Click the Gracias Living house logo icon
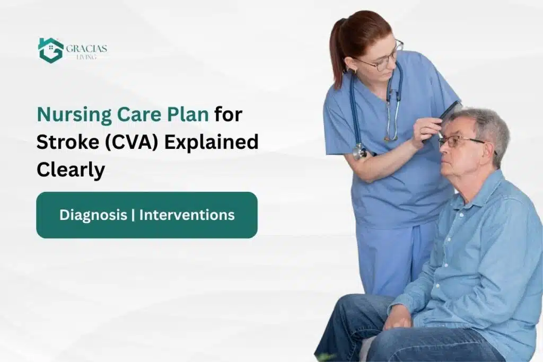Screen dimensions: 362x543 50,50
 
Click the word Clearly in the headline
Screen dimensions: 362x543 71,170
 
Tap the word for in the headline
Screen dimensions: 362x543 229,114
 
